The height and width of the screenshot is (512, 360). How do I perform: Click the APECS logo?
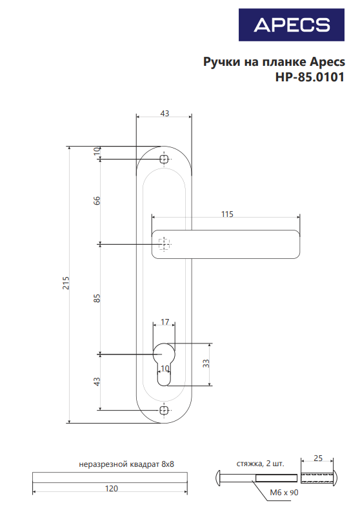292,25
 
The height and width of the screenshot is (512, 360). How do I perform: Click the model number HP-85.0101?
310,76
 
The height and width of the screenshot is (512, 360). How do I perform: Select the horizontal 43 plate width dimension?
164,114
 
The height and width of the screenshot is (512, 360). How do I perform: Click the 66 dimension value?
97,200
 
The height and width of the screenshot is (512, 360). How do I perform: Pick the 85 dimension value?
97,298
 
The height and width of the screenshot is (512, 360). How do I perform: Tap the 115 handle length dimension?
226,214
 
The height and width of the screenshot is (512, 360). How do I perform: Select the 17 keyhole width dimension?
165,322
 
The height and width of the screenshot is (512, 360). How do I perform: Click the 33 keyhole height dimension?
206,364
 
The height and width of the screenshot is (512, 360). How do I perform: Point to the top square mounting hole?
164,158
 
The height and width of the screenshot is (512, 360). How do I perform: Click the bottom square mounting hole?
164,410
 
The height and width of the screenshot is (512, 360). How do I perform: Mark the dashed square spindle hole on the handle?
164,243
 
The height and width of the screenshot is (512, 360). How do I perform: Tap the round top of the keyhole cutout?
164,353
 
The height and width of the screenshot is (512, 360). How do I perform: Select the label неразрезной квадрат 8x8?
126,464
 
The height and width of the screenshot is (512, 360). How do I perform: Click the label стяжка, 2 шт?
259,464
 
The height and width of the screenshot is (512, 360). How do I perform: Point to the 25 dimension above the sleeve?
317,458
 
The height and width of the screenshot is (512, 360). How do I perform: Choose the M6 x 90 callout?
285,492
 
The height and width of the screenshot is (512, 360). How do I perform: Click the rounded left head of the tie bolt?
219,478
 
